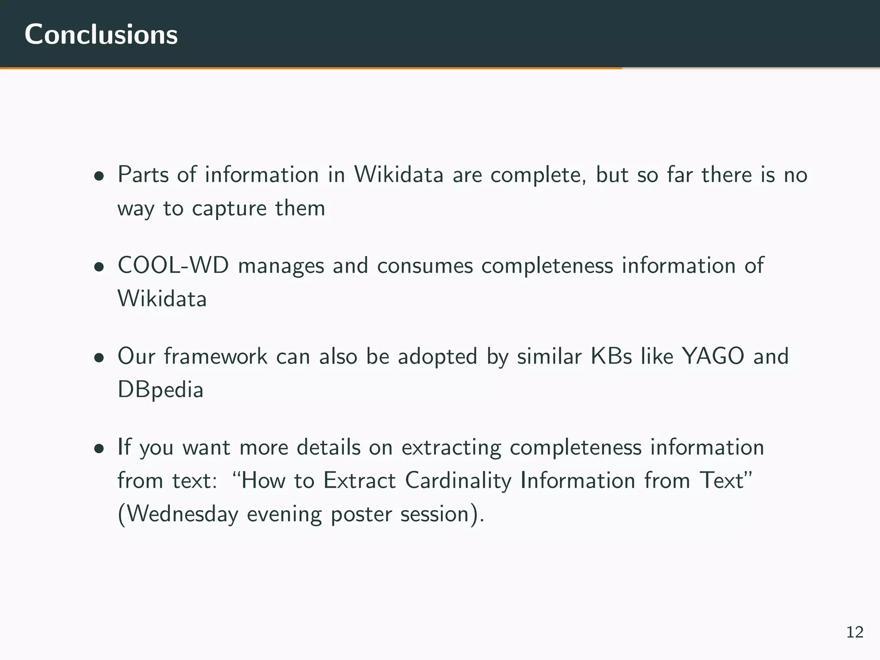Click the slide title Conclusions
point(101,34)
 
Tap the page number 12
point(855,632)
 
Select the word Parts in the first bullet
point(143,175)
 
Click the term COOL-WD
point(173,266)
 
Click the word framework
point(216,356)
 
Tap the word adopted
point(437,357)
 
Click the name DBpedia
point(160,391)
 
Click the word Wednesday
point(183,514)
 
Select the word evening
point(284,515)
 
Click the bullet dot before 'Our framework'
point(99,358)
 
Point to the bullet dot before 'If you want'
point(99,449)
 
